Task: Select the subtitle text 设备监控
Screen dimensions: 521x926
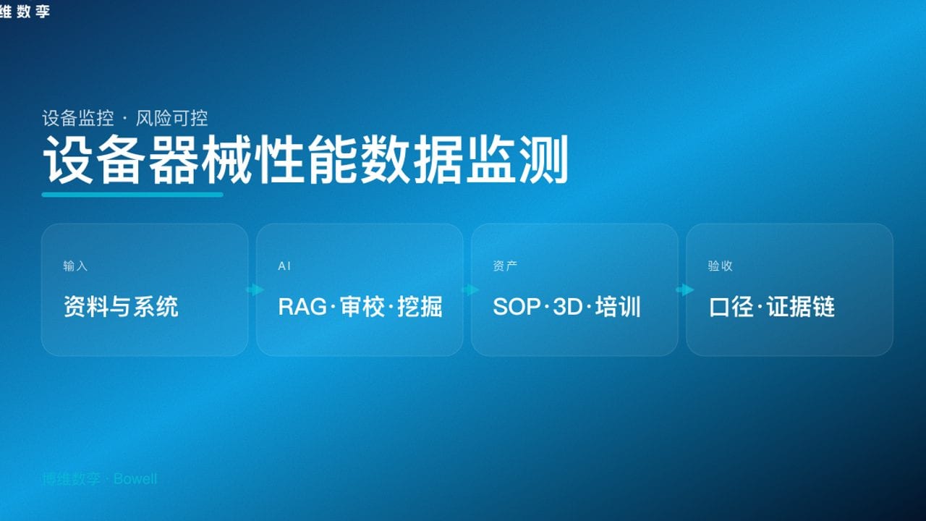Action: pos(78,118)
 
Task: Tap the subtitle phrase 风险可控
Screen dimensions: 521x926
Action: pos(172,118)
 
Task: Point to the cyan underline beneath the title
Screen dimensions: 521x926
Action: pos(132,194)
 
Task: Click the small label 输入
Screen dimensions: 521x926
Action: pos(75,266)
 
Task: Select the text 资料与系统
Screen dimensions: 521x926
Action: pos(121,307)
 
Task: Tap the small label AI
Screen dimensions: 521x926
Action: pos(284,266)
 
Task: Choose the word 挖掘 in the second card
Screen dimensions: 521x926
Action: pos(420,307)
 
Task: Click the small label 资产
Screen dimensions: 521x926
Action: pos(505,266)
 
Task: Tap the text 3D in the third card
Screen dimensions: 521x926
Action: pos(568,307)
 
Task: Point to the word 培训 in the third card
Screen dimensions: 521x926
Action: pos(619,307)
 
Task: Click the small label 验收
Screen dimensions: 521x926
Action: pos(720,266)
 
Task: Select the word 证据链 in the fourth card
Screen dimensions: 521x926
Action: pos(801,307)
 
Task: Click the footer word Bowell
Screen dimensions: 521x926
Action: pos(135,479)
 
